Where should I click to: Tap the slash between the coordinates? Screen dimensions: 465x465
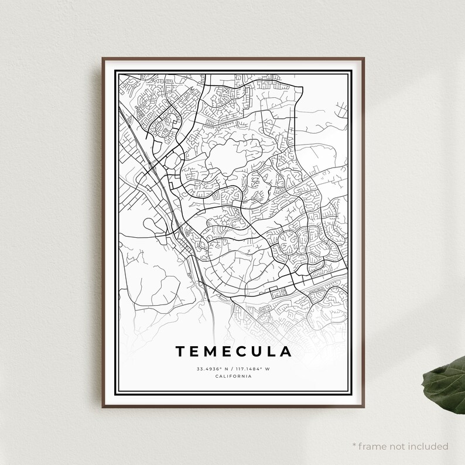[231, 368]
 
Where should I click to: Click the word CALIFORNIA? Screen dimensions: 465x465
[233, 376]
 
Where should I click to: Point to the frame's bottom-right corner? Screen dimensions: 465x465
[363, 406]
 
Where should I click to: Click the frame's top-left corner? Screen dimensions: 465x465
[103, 59]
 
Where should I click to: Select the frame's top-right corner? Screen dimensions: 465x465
[363, 59]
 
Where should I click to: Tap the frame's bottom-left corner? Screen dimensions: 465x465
[103, 406]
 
